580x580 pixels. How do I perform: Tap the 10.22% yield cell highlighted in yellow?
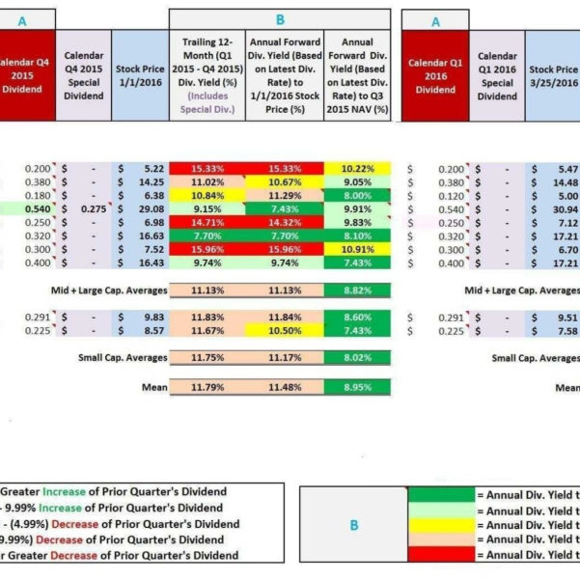click(358, 168)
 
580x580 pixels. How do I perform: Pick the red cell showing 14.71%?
click(207, 222)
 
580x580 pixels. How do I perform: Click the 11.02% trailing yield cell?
click(207, 181)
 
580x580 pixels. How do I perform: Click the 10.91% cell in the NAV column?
click(358, 249)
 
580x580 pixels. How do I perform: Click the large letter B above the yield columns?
click(280, 18)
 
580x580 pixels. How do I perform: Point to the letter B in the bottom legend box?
click(353, 526)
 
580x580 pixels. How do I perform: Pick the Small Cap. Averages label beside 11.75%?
click(122, 358)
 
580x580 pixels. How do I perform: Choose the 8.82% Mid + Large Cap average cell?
click(358, 290)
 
